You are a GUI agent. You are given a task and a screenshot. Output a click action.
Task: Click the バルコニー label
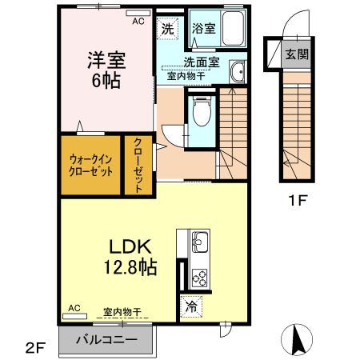pyautogui.click(x=107, y=339)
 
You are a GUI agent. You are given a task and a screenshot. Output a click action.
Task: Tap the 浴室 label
pyautogui.click(x=203, y=29)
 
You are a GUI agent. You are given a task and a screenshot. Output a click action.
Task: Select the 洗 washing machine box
pyautogui.click(x=168, y=29)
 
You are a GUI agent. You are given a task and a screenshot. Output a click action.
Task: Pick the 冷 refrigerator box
pyautogui.click(x=191, y=306)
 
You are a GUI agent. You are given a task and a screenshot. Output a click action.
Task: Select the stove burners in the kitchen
pyautogui.click(x=198, y=277)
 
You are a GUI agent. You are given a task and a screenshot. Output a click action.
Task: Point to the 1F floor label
pyautogui.click(x=298, y=199)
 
